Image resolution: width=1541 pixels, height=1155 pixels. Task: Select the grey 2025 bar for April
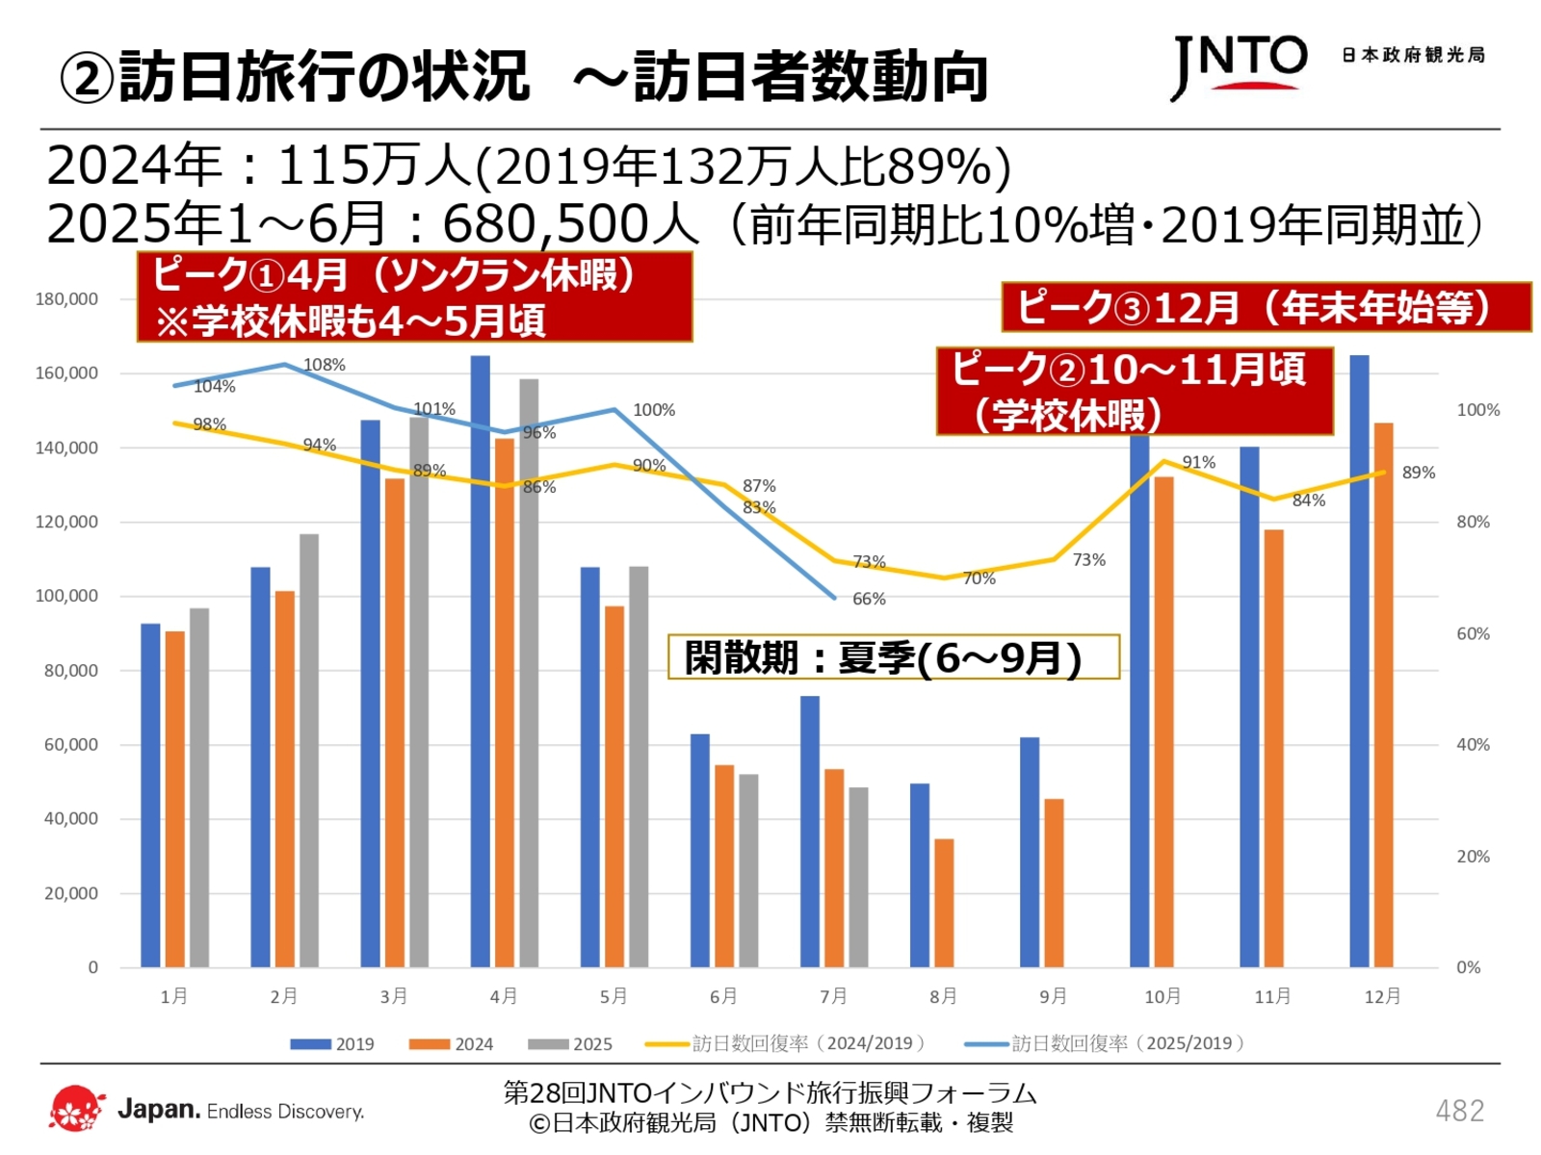529,674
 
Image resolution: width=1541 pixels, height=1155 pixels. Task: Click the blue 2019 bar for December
1359,664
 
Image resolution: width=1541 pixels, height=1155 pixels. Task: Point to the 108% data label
325,365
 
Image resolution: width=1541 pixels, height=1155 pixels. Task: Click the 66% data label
869,599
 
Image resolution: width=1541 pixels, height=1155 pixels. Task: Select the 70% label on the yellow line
979,578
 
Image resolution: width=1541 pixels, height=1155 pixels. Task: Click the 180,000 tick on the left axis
66,299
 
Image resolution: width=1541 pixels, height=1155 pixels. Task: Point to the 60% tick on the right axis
1473,633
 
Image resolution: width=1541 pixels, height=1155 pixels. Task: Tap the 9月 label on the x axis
1053,996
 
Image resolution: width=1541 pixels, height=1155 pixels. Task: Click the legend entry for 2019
332,1044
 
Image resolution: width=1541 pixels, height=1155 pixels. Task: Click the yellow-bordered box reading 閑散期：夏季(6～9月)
894,657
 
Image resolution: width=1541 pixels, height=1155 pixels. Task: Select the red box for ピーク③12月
1266,308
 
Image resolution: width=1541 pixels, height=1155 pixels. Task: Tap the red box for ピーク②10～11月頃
1135,392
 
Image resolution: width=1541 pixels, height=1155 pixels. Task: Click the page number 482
1459,1111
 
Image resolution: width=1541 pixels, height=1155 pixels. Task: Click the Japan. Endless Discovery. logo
207,1110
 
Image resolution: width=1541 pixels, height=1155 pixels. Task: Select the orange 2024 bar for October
1163,722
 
